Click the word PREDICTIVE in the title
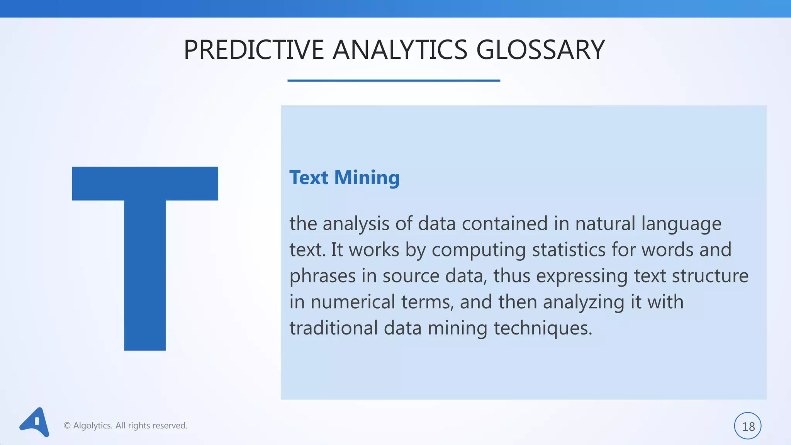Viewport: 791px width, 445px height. [x=253, y=50]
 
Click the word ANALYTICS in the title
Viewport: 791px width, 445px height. [x=400, y=50]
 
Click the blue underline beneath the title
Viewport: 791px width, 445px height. [x=394, y=80]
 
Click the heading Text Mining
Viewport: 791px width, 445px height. [x=344, y=178]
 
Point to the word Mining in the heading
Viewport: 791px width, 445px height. [x=367, y=178]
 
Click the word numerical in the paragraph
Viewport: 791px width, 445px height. [x=353, y=302]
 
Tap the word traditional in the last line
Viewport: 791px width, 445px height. [x=333, y=328]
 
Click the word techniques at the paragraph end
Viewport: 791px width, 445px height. [x=543, y=329]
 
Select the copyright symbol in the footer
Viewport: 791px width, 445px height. [x=67, y=426]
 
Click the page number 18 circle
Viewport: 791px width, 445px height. [x=747, y=426]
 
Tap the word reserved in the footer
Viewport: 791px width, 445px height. [x=170, y=426]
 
